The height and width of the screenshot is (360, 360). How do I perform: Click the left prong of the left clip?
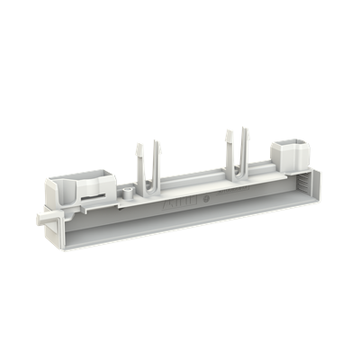(139, 158)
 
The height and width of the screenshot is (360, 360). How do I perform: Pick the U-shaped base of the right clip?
(235, 173)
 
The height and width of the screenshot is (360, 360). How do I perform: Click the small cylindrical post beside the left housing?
(129, 193)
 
